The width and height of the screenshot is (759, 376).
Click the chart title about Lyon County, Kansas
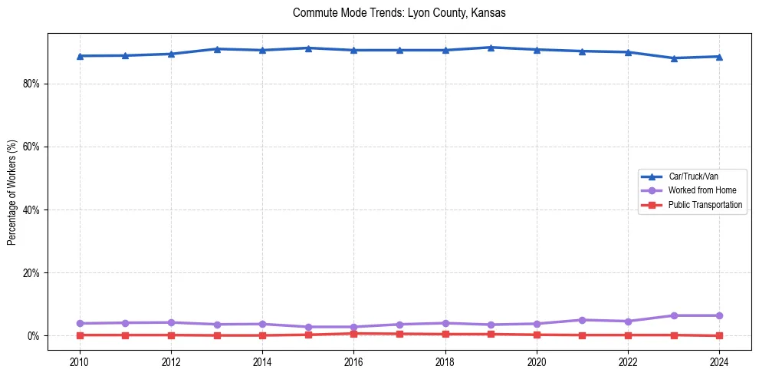[x=399, y=13]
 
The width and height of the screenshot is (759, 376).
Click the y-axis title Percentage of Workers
[x=11, y=192]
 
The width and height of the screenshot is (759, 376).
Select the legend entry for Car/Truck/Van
[x=693, y=176]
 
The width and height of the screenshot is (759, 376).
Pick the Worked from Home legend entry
[x=701, y=190]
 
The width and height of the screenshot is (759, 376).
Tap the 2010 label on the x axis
[x=80, y=361]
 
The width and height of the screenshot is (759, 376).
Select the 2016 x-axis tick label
[x=353, y=361]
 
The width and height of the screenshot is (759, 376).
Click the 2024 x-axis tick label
[x=719, y=361]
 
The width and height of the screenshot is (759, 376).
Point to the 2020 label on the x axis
[x=537, y=361]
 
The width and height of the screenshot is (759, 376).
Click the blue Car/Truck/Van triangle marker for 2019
[x=491, y=48]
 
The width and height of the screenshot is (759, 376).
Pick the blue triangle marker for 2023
[x=674, y=58]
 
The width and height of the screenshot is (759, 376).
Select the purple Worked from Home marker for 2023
[x=674, y=315]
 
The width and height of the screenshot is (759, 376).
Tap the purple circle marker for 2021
[x=582, y=320]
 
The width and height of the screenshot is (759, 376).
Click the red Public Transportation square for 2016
[x=353, y=334]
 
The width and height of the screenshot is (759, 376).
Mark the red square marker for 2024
[x=719, y=335]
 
